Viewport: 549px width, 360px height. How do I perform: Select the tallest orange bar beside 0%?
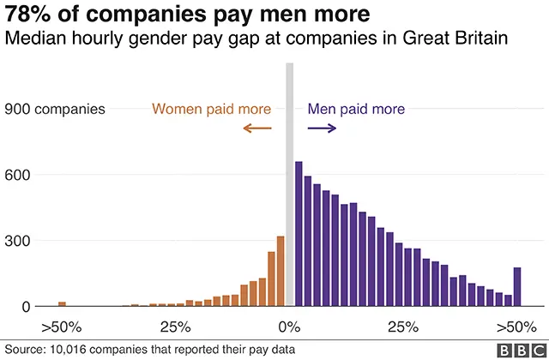click(280, 271)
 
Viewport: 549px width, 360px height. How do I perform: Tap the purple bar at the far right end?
click(517, 286)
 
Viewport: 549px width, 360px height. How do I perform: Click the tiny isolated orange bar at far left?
click(62, 303)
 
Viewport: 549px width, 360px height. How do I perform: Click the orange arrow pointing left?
click(256, 129)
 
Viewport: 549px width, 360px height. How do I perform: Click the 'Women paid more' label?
click(211, 109)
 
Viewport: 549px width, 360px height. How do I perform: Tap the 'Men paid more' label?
click(355, 109)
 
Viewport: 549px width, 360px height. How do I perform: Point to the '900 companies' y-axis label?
click(55, 109)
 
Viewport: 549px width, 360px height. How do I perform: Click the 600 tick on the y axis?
click(19, 175)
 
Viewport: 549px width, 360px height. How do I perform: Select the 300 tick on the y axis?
click(19, 241)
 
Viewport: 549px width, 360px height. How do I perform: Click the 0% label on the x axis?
click(289, 327)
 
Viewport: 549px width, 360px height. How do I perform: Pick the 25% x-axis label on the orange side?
click(175, 327)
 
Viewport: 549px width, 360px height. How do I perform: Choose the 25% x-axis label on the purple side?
click(402, 327)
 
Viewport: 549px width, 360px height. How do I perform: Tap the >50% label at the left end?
click(61, 327)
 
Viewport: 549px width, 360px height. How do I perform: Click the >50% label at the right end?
click(516, 327)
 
